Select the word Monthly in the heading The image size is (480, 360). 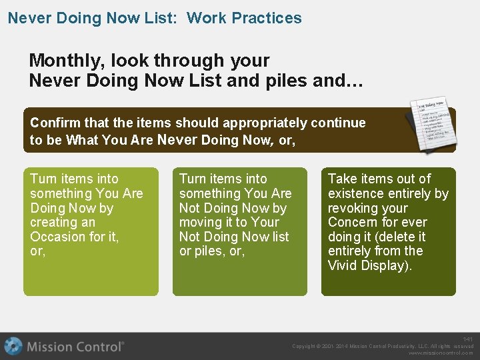coord(62,61)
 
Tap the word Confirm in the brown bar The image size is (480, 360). coord(55,123)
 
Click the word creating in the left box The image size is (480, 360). coord(53,222)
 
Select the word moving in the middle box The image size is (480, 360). coord(201,222)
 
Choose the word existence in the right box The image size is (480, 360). coord(356,193)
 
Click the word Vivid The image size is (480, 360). coord(344,265)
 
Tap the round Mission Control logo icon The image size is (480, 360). coord(13,346)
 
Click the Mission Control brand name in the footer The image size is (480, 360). coord(75,347)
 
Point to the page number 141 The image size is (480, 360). coord(468,339)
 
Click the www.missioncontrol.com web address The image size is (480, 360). coord(441,353)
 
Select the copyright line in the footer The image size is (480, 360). coord(383,346)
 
